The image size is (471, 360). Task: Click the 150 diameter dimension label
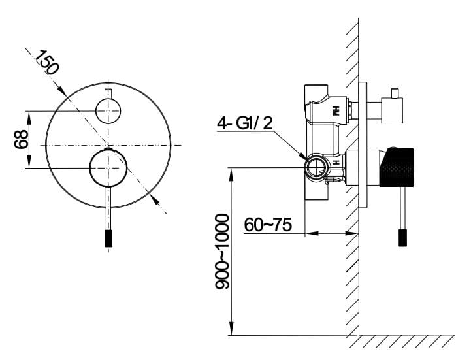click(x=46, y=62)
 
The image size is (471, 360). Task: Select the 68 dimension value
click(x=21, y=139)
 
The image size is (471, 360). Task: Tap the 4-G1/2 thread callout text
click(x=245, y=123)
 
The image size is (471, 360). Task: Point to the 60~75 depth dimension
click(x=268, y=225)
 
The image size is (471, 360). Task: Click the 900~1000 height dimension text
click(x=222, y=252)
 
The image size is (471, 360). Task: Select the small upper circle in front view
click(x=108, y=110)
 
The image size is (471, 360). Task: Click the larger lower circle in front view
click(x=108, y=168)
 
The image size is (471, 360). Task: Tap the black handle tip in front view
click(x=108, y=238)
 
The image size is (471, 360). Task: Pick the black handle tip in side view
click(x=403, y=238)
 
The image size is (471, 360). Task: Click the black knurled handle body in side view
click(x=397, y=167)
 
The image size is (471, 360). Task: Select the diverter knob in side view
click(x=392, y=110)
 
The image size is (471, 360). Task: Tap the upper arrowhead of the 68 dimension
click(x=29, y=118)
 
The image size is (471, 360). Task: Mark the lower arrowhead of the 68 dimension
click(x=29, y=161)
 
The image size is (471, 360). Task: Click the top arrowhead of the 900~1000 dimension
click(x=231, y=174)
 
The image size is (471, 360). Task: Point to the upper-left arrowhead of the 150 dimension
click(x=62, y=91)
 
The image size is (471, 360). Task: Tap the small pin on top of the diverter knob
click(x=395, y=93)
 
